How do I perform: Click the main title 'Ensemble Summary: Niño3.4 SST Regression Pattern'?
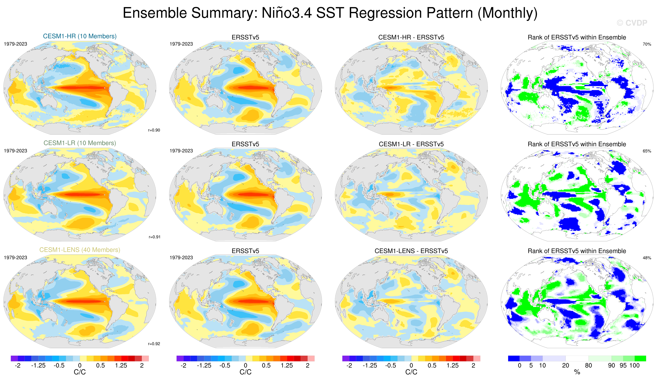coord(330,13)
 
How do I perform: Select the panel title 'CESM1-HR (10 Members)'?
coord(80,36)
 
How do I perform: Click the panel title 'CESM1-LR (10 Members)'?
coord(80,143)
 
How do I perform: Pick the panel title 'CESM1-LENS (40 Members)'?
coord(80,250)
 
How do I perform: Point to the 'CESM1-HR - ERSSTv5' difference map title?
coord(411,37)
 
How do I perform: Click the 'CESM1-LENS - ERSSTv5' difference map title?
coord(411,251)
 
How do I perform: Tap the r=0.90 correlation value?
coord(154,130)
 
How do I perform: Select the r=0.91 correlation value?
coord(155,237)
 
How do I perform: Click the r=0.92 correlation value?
coord(154,344)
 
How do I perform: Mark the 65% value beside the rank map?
coord(647,151)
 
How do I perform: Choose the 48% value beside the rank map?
coord(647,258)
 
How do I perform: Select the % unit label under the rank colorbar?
coord(577,372)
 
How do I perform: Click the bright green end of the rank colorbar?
coord(640,358)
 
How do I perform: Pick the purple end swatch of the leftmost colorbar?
coord(14,358)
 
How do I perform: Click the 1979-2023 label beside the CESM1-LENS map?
coord(15,257)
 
